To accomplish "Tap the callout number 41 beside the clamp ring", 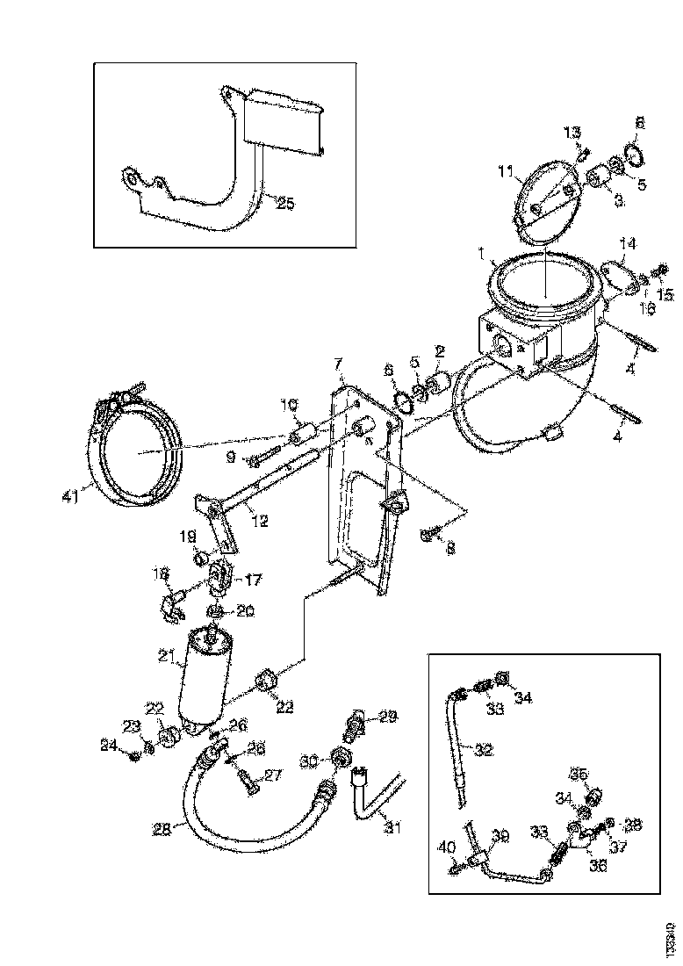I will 71,496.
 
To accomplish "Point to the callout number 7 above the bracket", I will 336,364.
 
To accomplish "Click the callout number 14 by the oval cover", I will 628,241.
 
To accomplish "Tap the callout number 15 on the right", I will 665,295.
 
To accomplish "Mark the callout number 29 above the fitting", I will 388,717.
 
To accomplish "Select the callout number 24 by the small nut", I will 109,746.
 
